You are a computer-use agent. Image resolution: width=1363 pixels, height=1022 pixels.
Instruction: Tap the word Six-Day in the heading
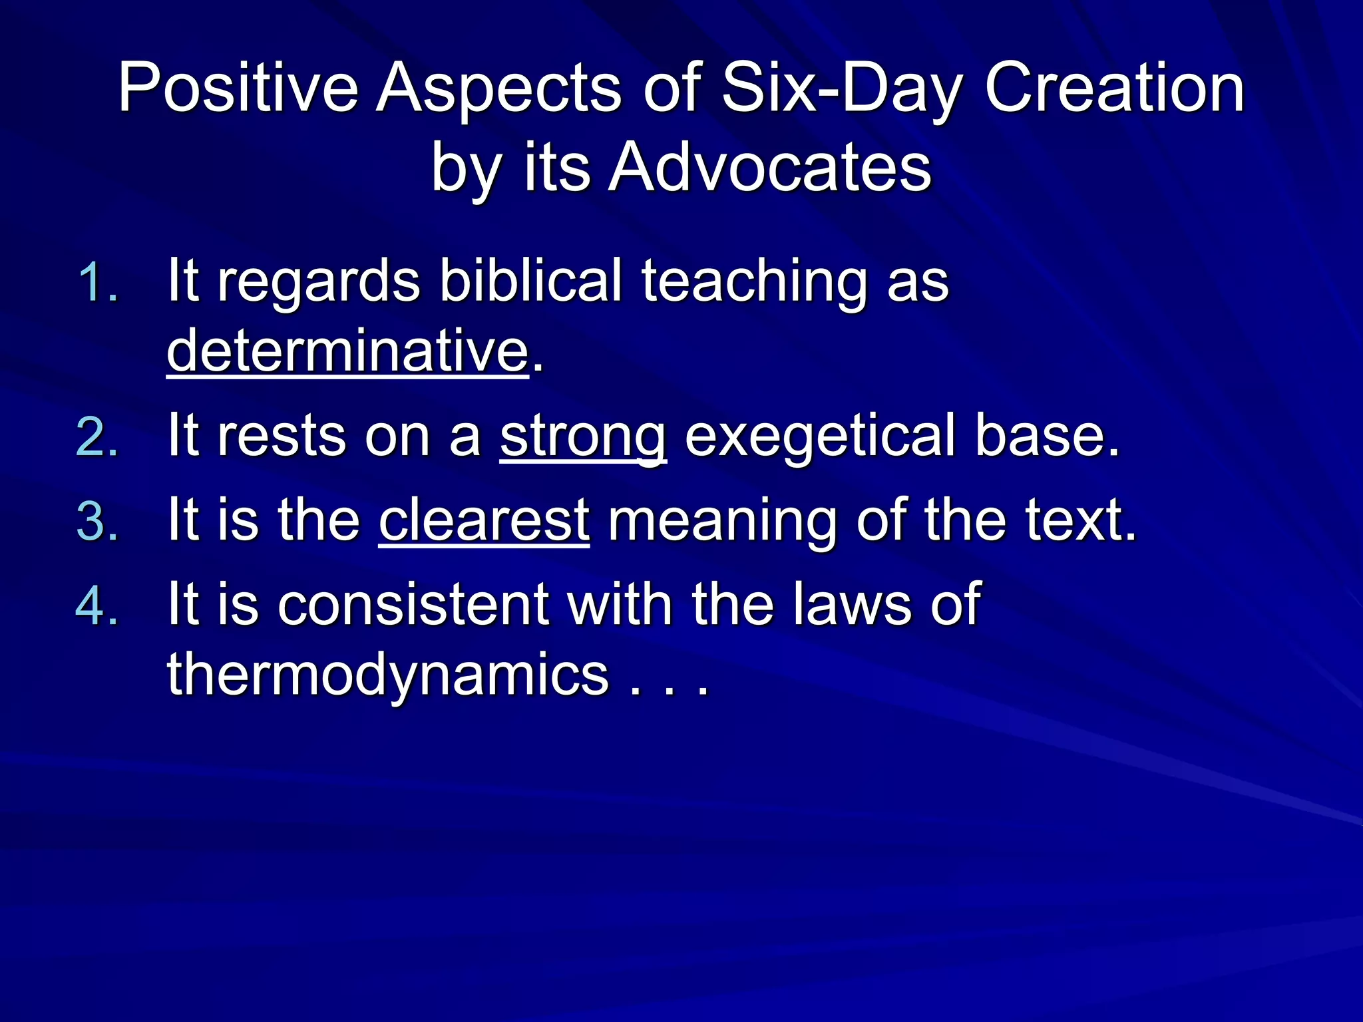pos(842,88)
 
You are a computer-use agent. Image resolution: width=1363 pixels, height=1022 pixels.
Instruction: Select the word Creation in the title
pos(1114,88)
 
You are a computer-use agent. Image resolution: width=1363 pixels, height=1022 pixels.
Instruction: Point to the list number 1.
pos(97,282)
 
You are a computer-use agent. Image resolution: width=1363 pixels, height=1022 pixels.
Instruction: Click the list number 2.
pos(97,438)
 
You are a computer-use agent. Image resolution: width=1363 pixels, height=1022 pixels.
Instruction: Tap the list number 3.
pos(97,521)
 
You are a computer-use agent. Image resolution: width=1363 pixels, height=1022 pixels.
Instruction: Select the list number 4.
pos(97,605)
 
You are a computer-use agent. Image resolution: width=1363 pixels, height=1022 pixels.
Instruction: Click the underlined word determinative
pos(347,351)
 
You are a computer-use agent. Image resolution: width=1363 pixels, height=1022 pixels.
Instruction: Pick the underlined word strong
pos(582,436)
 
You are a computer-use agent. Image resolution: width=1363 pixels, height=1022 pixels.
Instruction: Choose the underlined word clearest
pos(484,520)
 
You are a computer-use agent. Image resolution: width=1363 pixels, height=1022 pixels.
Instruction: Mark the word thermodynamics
pos(387,675)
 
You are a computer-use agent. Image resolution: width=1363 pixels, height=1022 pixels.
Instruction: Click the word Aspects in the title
pos(498,88)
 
